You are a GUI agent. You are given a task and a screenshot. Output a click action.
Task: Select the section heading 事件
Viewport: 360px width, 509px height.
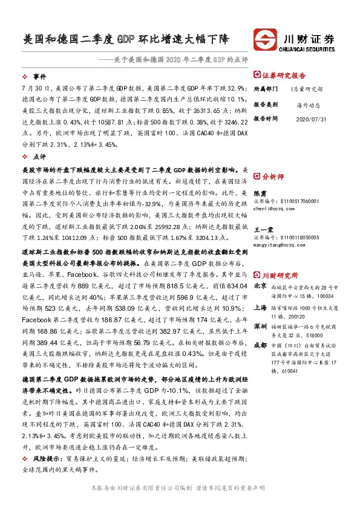pyautogui.click(x=39, y=77)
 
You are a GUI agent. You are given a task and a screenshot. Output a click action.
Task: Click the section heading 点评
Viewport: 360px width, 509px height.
pyautogui.click(x=39, y=157)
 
